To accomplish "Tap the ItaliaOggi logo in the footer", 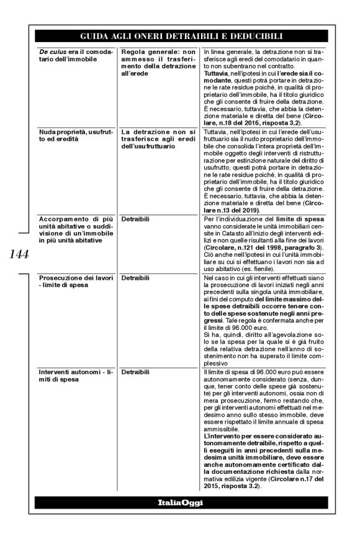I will (x=179, y=501).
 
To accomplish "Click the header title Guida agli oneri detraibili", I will (x=179, y=36).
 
